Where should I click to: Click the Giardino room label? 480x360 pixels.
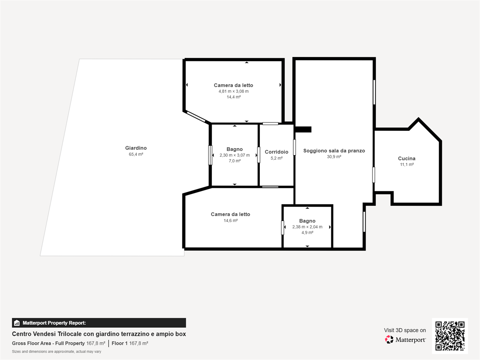point(136,148)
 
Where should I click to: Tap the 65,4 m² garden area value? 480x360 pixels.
point(136,154)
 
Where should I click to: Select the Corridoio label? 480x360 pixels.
point(276,152)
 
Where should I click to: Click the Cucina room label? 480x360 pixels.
point(406,158)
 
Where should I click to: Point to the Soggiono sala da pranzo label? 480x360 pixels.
point(334,151)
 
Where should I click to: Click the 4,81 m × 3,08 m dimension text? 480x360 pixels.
point(234,91)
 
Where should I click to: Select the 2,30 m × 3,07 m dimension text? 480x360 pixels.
point(235,155)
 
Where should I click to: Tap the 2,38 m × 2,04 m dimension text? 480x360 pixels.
point(307,227)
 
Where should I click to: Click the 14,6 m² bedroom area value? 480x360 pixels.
point(231,220)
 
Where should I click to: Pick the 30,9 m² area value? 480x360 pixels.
point(334,157)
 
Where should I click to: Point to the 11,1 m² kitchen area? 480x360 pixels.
point(407,165)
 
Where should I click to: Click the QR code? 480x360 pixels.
point(450,336)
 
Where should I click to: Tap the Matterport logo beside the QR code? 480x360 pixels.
point(405,339)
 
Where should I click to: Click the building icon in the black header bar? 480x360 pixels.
point(17,323)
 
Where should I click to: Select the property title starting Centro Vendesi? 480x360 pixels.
point(99,334)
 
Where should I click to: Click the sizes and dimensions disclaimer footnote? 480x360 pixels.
point(56,351)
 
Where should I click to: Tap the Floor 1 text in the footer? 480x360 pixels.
point(120,343)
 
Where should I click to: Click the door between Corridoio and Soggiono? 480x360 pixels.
point(294,147)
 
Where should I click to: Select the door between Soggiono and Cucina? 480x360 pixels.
point(373,175)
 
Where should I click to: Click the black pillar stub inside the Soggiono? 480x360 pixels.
point(303,129)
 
